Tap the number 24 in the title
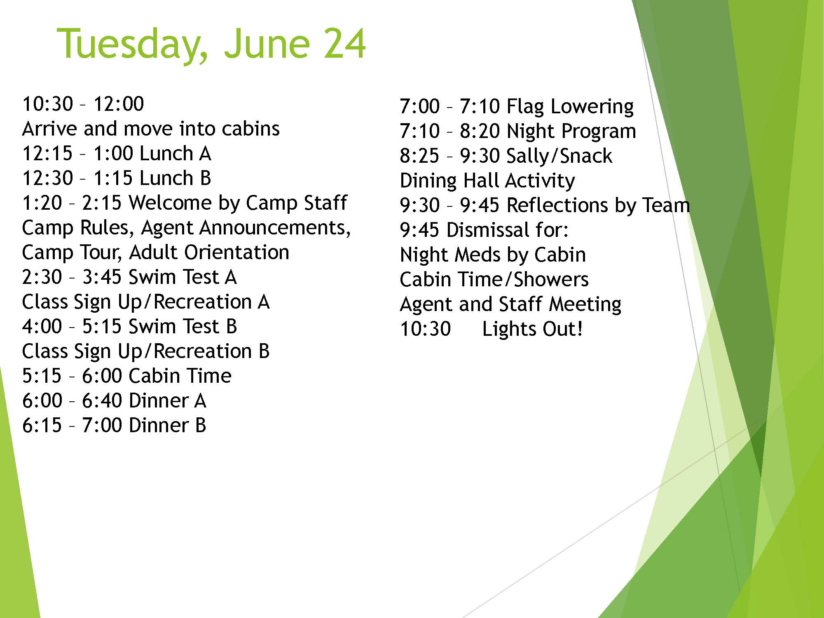pos(344,43)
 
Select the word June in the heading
pos(266,43)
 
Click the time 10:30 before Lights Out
pos(425,329)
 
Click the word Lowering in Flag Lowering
pos(592,107)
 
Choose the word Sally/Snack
pos(559,156)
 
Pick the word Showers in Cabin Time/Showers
pos(551,279)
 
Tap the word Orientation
pos(236,252)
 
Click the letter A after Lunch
pos(205,154)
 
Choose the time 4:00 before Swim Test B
pos(42,327)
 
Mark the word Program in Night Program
pos(599,131)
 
